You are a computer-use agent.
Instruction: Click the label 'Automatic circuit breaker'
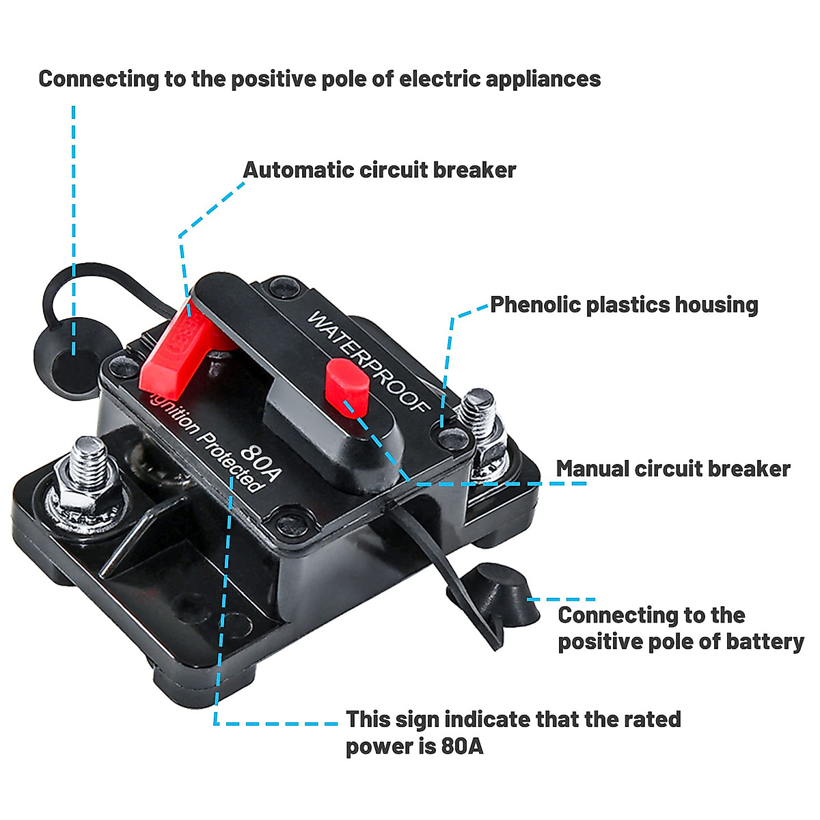click(x=379, y=169)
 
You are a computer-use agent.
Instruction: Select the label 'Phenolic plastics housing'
click(x=624, y=305)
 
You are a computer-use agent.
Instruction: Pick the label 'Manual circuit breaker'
click(x=672, y=469)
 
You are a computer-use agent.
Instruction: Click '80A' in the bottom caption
click(x=462, y=746)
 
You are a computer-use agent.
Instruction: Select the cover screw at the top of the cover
click(x=282, y=287)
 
